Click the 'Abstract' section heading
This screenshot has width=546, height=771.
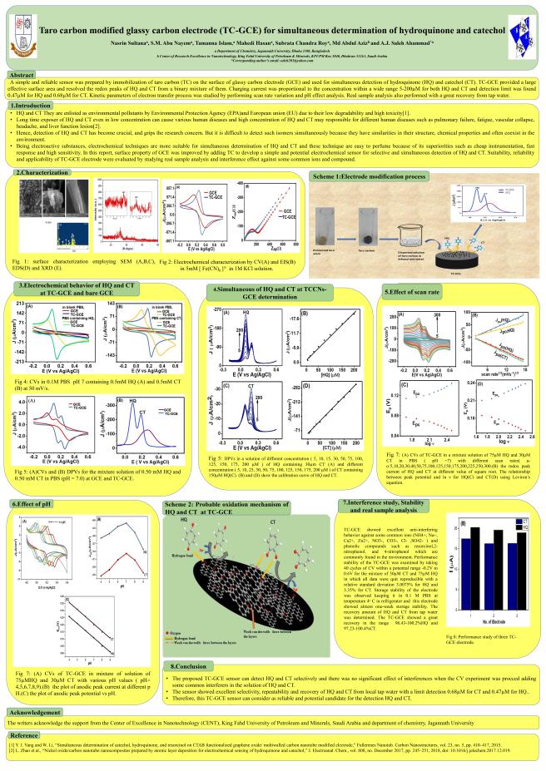coord(20,75)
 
